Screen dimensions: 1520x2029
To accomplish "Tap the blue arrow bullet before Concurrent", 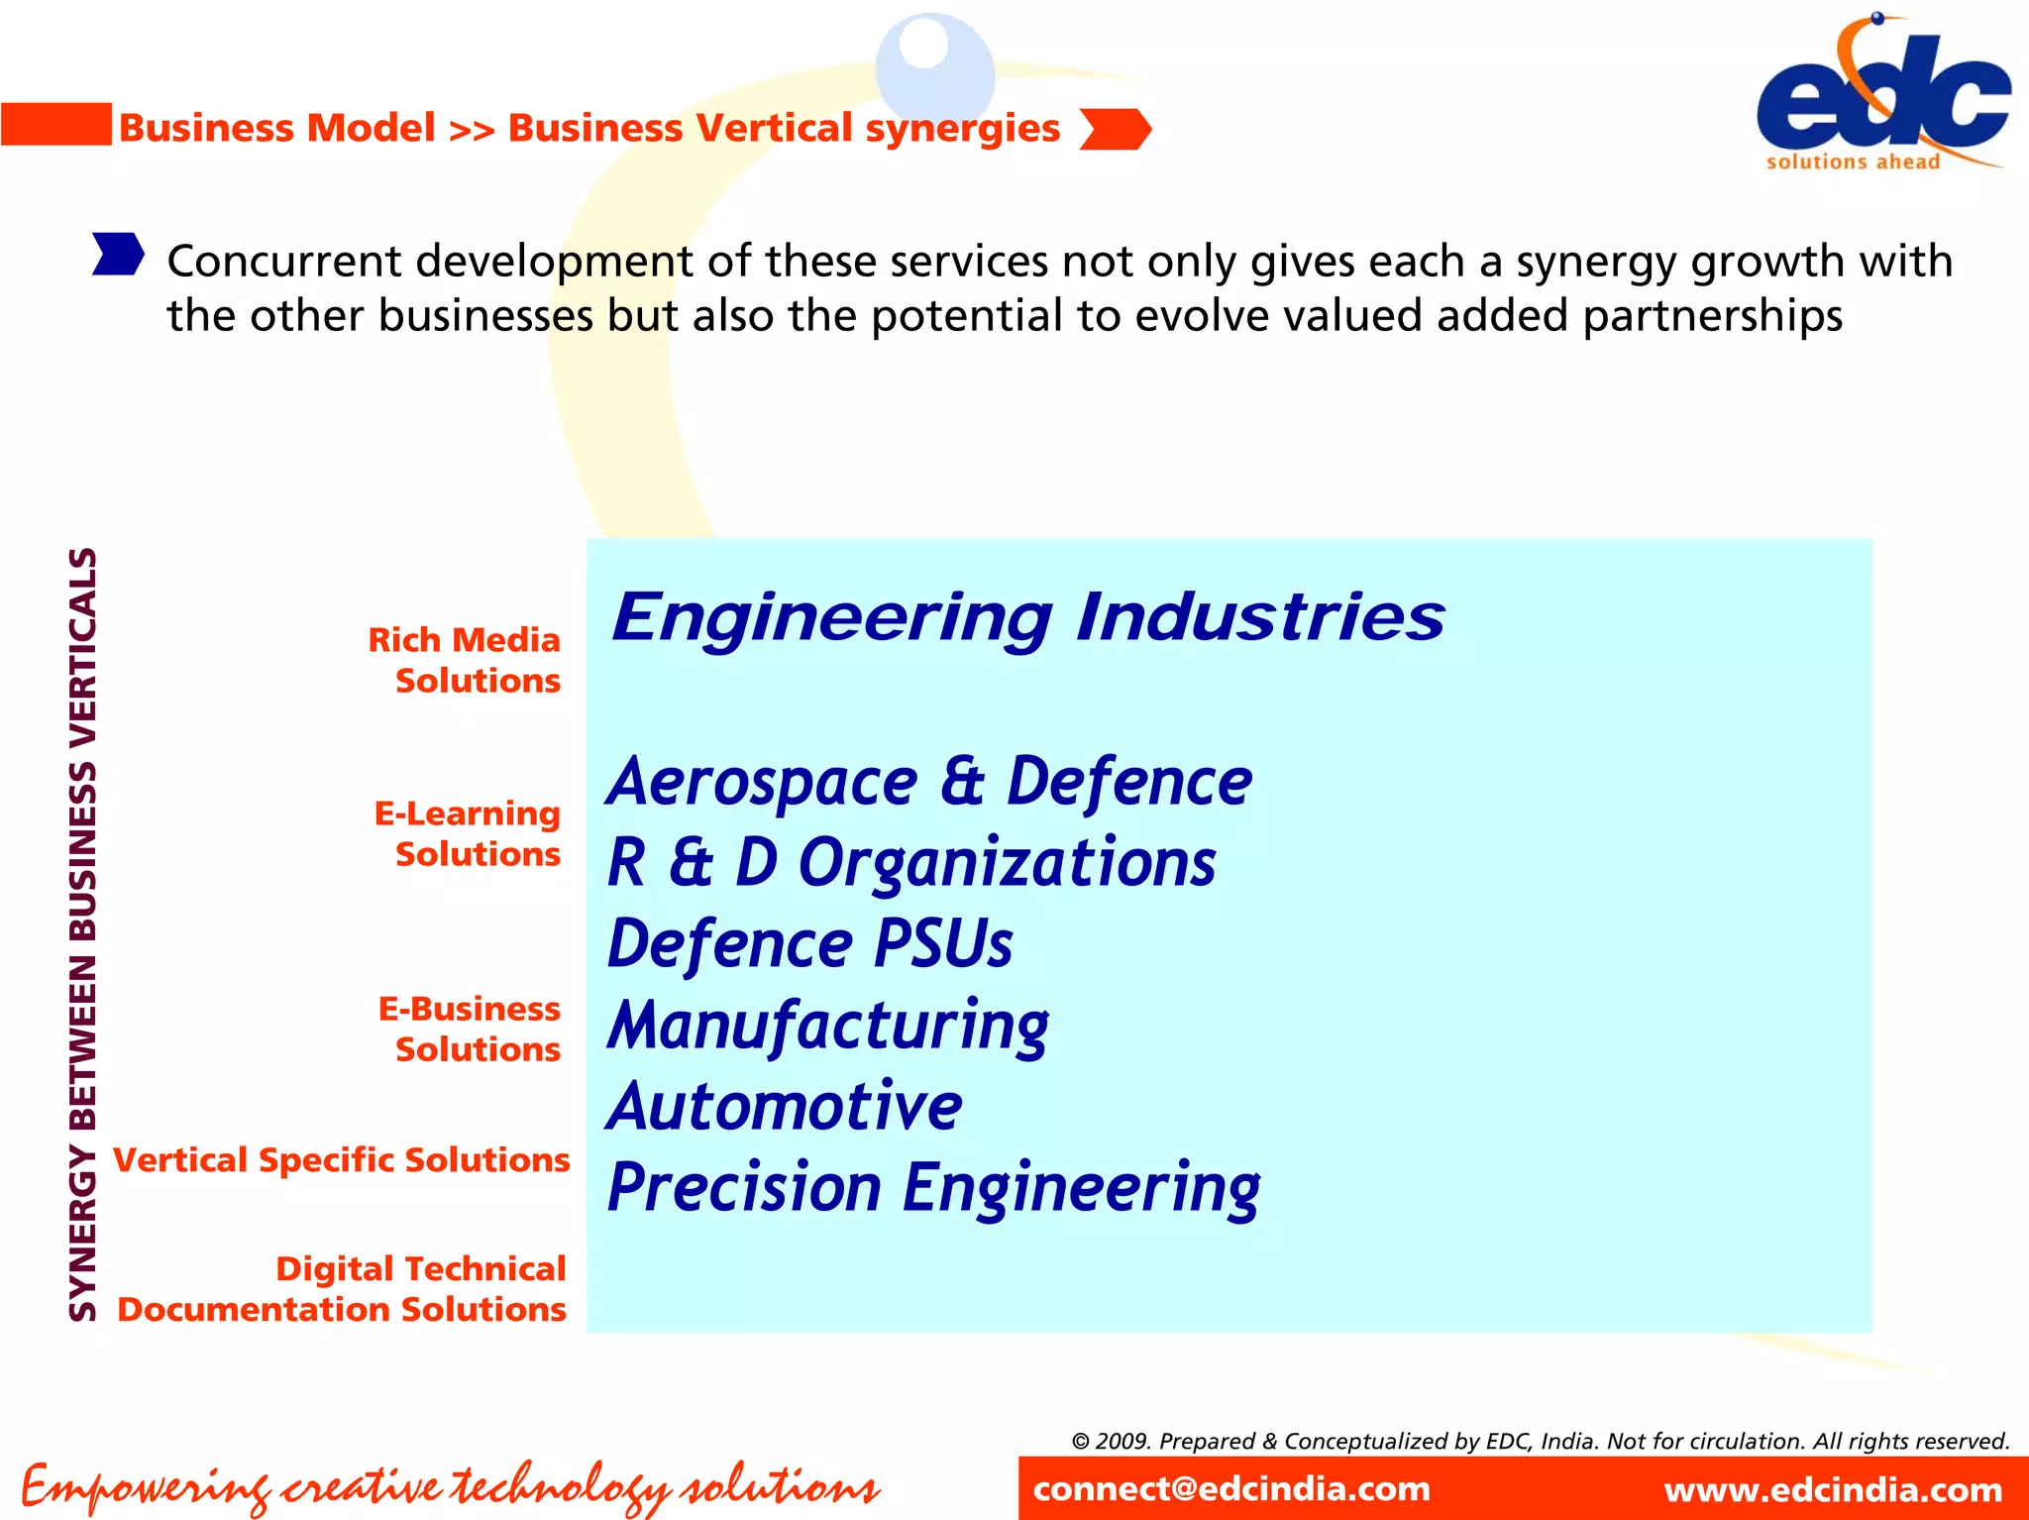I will point(118,254).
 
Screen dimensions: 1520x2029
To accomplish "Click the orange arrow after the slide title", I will point(1115,129).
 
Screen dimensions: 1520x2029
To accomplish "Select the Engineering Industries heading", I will point(1027,616).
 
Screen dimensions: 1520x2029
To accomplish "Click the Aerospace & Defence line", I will point(929,782).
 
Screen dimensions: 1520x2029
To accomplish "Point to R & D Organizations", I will point(911,862).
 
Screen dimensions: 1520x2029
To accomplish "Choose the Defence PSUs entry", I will point(809,943).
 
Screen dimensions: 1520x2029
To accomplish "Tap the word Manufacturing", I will point(828,1025).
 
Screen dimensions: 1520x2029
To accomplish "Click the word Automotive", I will point(784,1106).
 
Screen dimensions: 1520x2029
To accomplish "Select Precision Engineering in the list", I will point(933,1187).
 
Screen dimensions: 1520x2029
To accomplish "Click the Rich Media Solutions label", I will point(465,660).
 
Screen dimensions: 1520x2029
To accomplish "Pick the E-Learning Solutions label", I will point(468,833).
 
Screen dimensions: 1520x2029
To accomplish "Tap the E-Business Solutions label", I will point(470,1029).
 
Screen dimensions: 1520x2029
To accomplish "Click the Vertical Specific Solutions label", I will point(342,1159).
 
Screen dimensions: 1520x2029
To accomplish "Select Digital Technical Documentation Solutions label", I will point(342,1288).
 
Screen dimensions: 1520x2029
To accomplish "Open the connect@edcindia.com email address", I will point(1231,1488).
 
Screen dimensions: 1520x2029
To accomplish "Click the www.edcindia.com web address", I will point(1833,1489).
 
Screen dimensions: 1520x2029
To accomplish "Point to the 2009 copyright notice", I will point(1541,1441).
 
